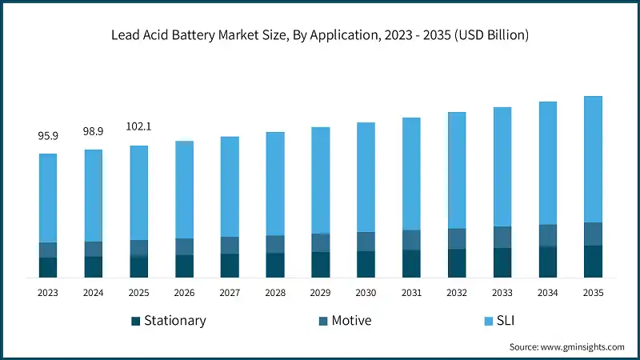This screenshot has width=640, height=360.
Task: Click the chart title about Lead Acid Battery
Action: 320,35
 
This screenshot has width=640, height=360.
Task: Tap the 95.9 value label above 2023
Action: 48,136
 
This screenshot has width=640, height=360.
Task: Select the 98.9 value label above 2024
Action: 94,130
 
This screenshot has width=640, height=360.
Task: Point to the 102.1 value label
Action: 139,126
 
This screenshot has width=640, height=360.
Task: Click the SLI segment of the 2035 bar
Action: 593,159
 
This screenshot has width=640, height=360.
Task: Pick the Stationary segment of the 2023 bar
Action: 48,267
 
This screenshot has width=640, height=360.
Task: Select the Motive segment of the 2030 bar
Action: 366,242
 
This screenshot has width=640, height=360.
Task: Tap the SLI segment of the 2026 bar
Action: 185,190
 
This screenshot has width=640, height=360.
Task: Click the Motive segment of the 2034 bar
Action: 547,235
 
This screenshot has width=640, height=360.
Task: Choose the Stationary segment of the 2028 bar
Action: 275,265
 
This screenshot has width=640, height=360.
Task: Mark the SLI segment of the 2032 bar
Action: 457,170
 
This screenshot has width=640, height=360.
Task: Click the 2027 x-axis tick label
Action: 230,294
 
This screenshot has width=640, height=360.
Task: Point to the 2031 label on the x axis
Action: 411,294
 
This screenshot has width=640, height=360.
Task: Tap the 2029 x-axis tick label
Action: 320,294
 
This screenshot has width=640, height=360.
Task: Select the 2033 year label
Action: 502,294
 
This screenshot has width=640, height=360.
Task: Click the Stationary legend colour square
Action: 136,322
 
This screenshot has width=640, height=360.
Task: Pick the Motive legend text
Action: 350,321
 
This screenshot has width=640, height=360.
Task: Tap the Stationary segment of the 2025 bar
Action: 139,266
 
